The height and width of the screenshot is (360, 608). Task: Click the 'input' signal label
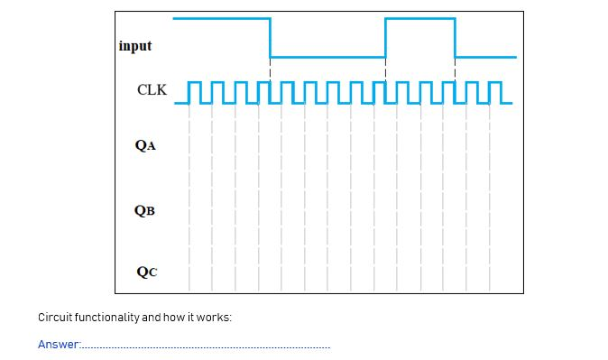(135, 46)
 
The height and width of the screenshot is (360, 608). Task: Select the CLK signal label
(152, 90)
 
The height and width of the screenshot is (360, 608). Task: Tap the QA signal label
(145, 144)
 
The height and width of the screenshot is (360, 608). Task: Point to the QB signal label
(144, 210)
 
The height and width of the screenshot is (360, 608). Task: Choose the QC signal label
(144, 271)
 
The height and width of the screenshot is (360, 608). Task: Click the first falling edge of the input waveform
(271, 38)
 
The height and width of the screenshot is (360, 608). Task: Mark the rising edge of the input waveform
(385, 38)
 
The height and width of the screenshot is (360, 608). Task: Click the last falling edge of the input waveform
(456, 38)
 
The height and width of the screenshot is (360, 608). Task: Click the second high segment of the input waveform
(420, 18)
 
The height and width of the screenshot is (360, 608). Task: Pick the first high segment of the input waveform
(221, 18)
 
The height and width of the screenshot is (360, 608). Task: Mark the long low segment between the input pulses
(327, 57)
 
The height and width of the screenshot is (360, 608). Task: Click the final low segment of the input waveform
(486, 57)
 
